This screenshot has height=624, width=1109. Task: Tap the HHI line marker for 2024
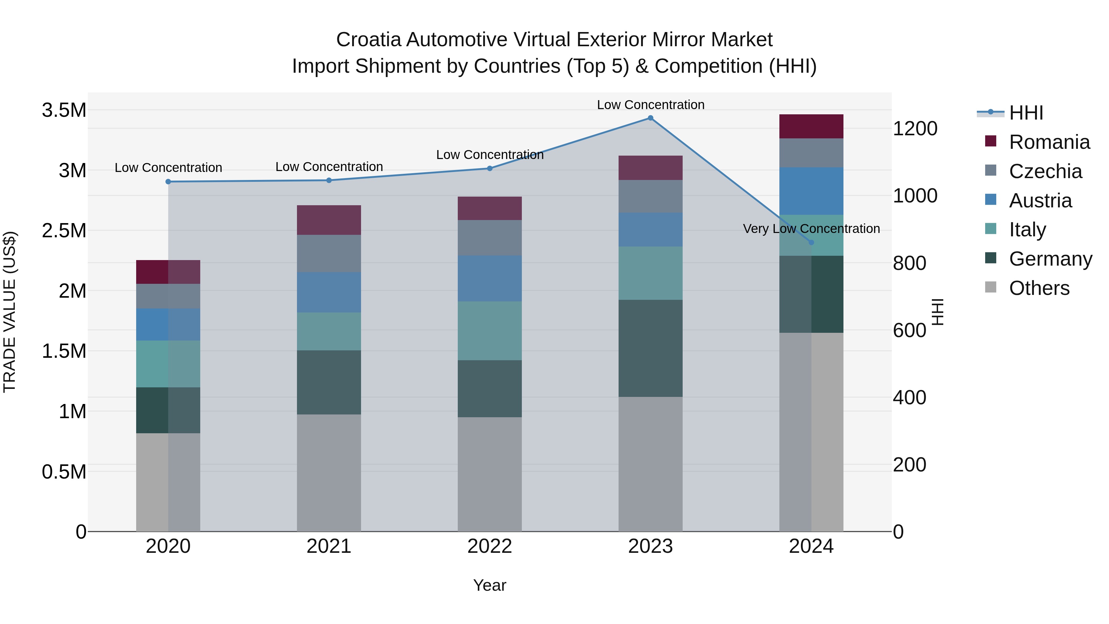[x=811, y=243]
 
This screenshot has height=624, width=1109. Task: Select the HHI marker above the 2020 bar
[x=168, y=182]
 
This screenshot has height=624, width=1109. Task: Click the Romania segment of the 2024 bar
[x=811, y=127]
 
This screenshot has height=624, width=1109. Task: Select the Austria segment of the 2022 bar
[x=490, y=278]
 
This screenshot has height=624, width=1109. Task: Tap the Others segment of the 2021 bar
[x=329, y=472]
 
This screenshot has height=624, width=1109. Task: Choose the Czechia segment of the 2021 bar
[x=329, y=253]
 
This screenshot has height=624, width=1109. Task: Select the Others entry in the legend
[x=1039, y=288]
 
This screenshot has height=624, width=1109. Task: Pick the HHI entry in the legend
[x=1026, y=113]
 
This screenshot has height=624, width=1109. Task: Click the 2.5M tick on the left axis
[x=64, y=231]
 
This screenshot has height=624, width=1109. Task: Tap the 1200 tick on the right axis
[x=915, y=128]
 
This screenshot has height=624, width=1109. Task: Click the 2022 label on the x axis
[x=490, y=546]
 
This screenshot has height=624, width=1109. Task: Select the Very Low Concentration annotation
[x=811, y=229]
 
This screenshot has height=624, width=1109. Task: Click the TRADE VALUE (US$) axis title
[x=10, y=312]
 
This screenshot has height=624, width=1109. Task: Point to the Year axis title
[x=490, y=585]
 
